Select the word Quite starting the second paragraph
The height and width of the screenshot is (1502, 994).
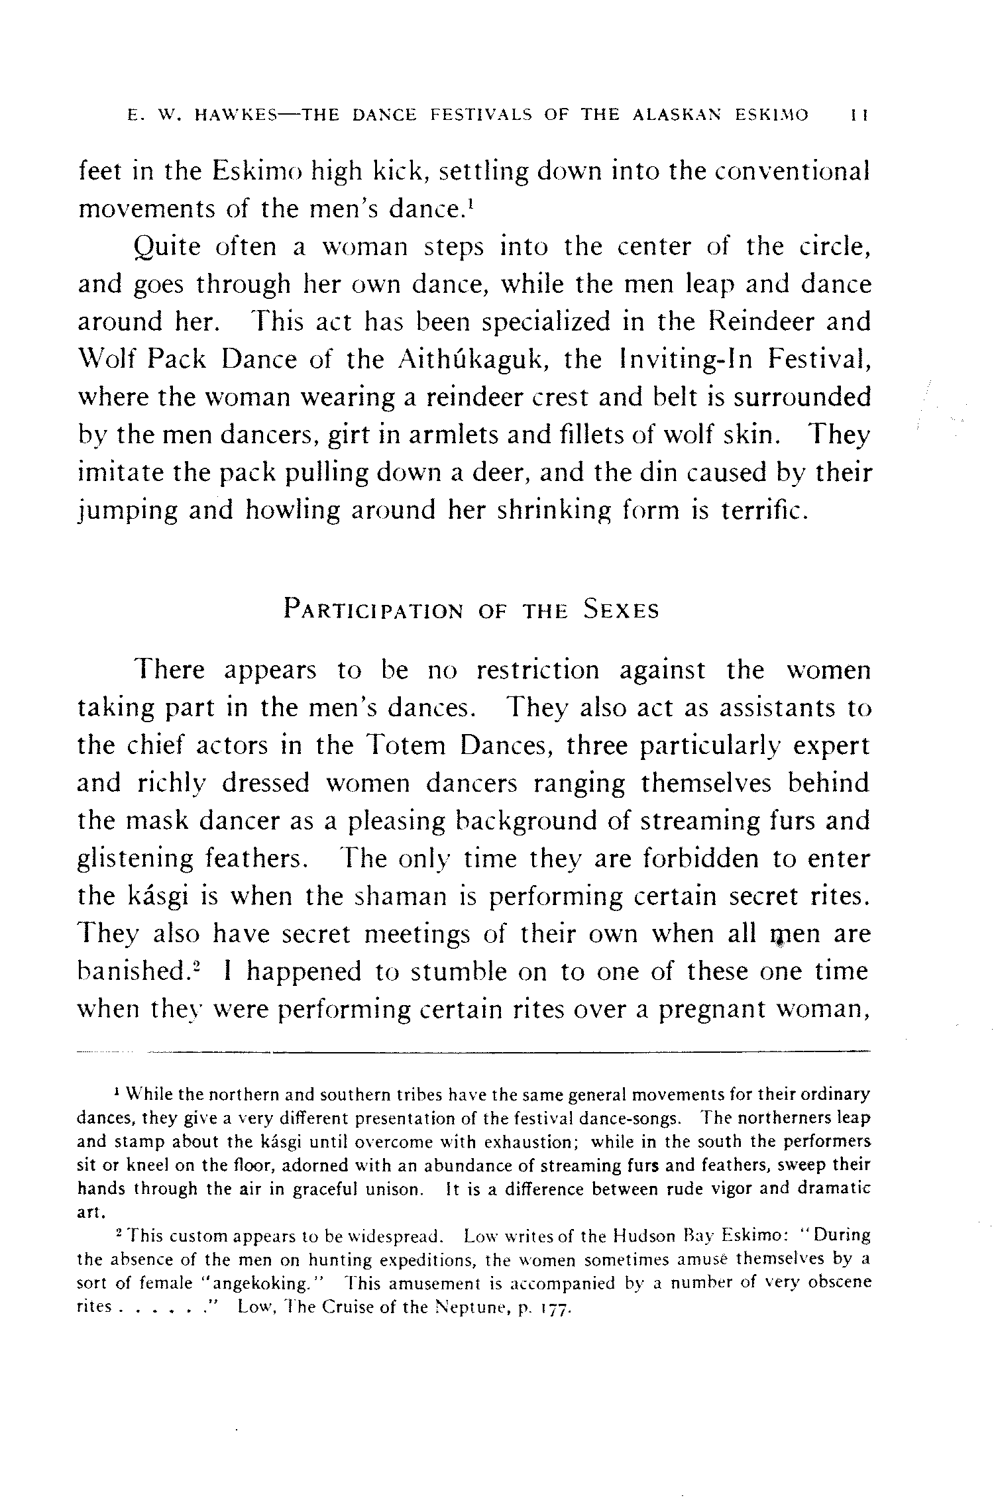coord(167,248)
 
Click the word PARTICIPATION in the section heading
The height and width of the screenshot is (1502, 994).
coord(373,610)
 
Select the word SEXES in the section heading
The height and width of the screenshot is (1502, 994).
coord(621,610)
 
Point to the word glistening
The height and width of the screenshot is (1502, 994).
coord(135,859)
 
